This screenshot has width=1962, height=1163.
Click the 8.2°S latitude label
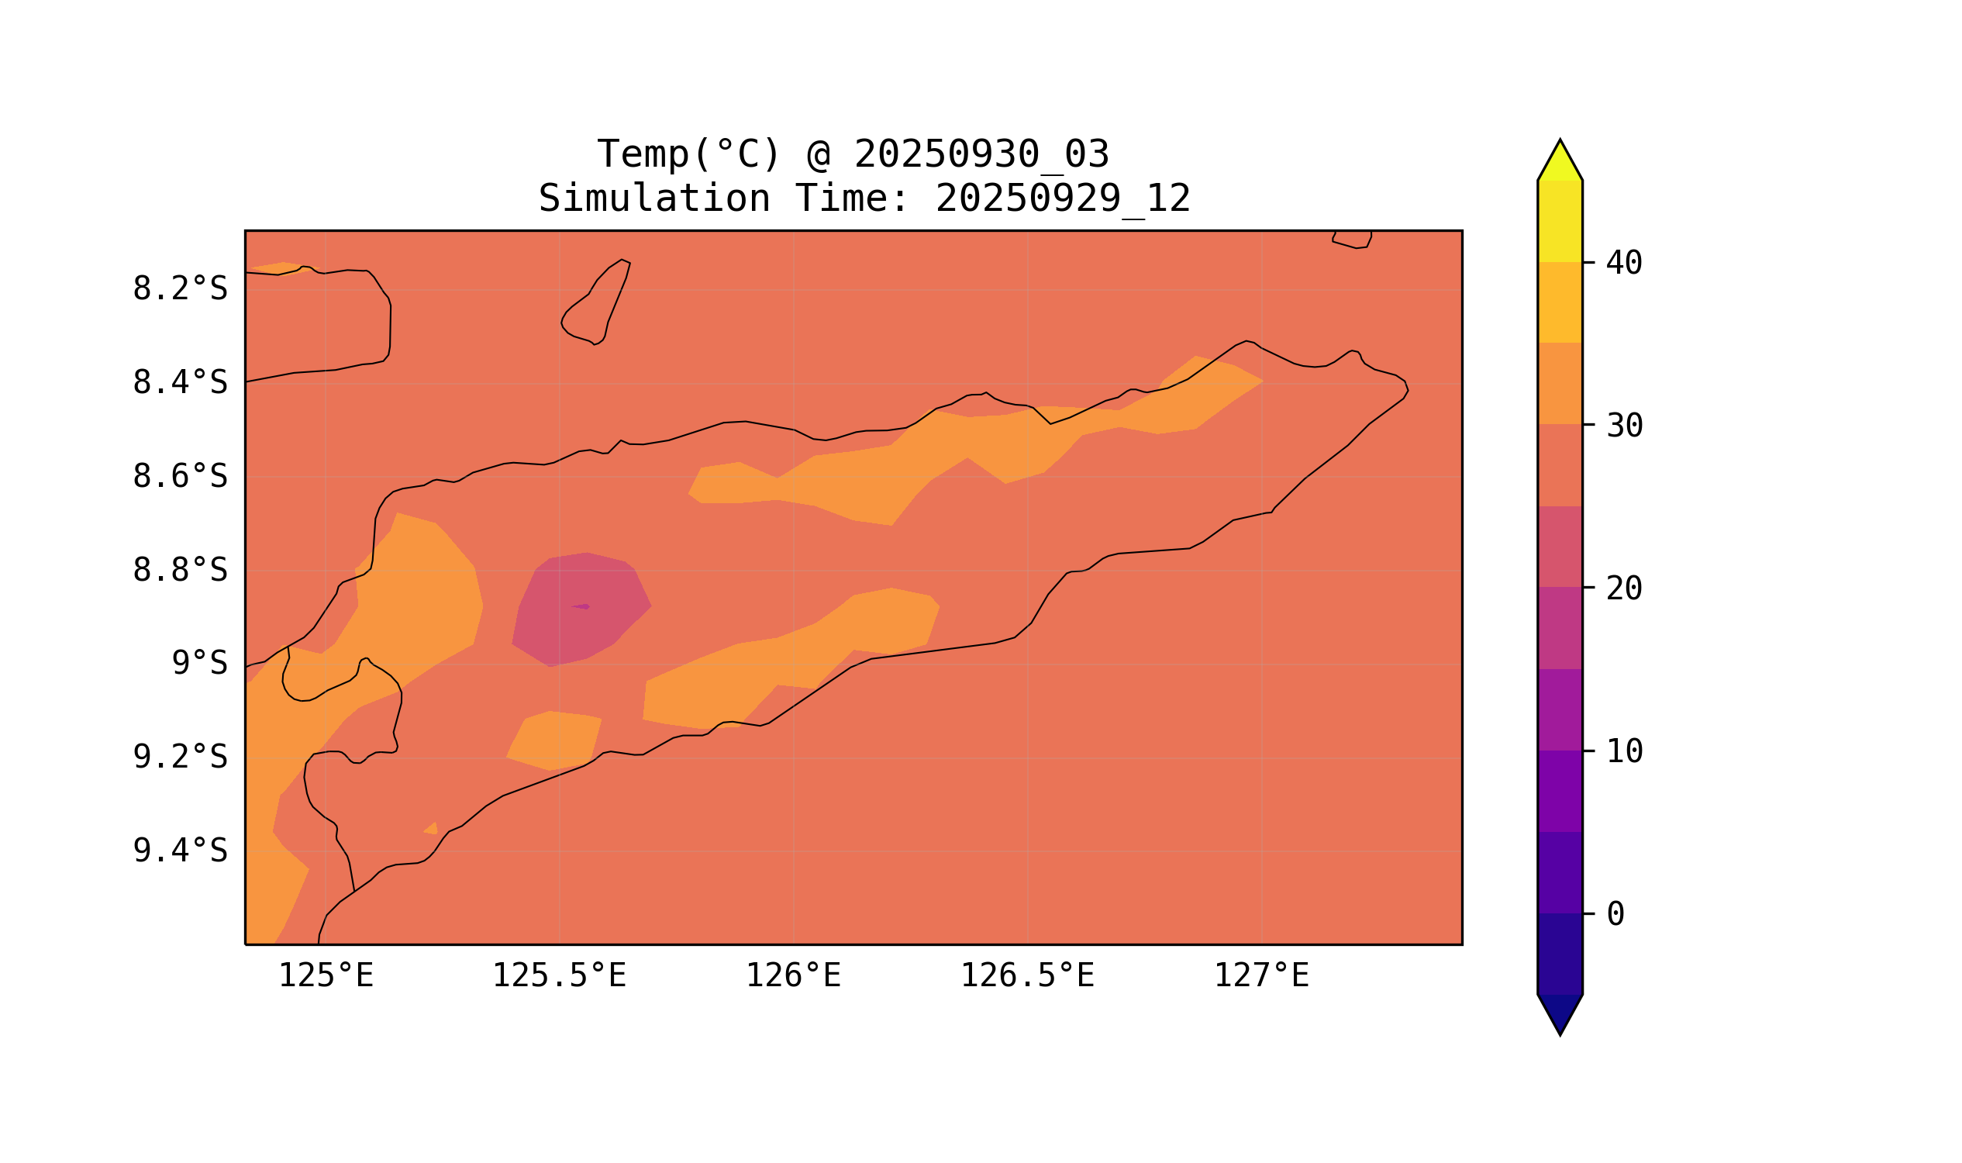(179, 289)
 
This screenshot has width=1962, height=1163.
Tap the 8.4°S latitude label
(179, 383)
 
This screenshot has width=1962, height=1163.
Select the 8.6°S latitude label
(179, 478)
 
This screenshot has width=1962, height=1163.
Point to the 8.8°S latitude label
(179, 571)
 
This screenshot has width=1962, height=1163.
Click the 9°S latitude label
(199, 664)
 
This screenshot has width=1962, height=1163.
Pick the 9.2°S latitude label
(179, 758)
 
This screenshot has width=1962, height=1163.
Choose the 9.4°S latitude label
(179, 851)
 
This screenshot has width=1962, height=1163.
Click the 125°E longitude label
(326, 976)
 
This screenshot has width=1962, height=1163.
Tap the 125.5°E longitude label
(559, 976)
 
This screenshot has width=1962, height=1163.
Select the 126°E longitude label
(793, 976)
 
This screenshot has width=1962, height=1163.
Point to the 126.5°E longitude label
(1026, 976)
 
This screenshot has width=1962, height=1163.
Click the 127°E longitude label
(1260, 976)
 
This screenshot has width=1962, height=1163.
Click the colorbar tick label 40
(1623, 264)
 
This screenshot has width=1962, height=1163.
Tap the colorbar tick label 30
(1623, 426)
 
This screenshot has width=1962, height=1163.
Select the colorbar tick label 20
(1623, 589)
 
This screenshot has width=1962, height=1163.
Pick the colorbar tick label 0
(1615, 915)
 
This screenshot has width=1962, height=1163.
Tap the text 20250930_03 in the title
(981, 154)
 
